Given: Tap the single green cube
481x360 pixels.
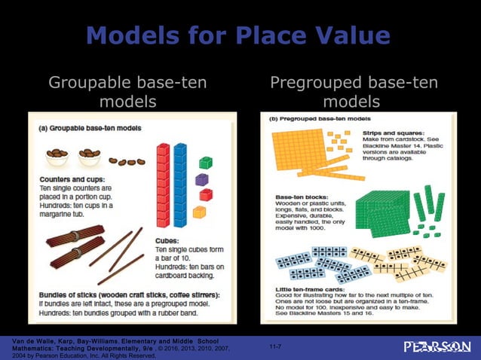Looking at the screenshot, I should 205,162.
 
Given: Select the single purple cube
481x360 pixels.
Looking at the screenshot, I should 201,179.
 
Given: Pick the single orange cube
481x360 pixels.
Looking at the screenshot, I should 199,212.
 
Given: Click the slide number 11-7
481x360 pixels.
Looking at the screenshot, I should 275,346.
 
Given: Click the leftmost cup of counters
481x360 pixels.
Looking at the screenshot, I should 57,157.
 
